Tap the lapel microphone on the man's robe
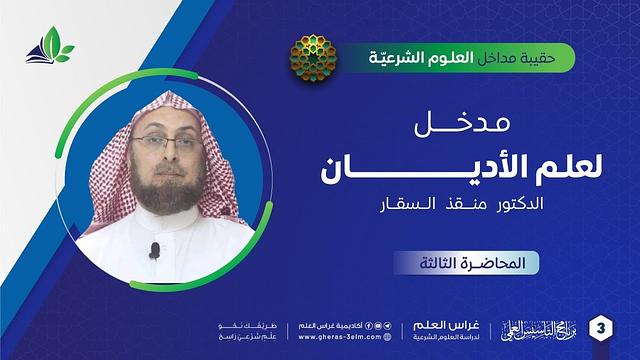click(x=155, y=247)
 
